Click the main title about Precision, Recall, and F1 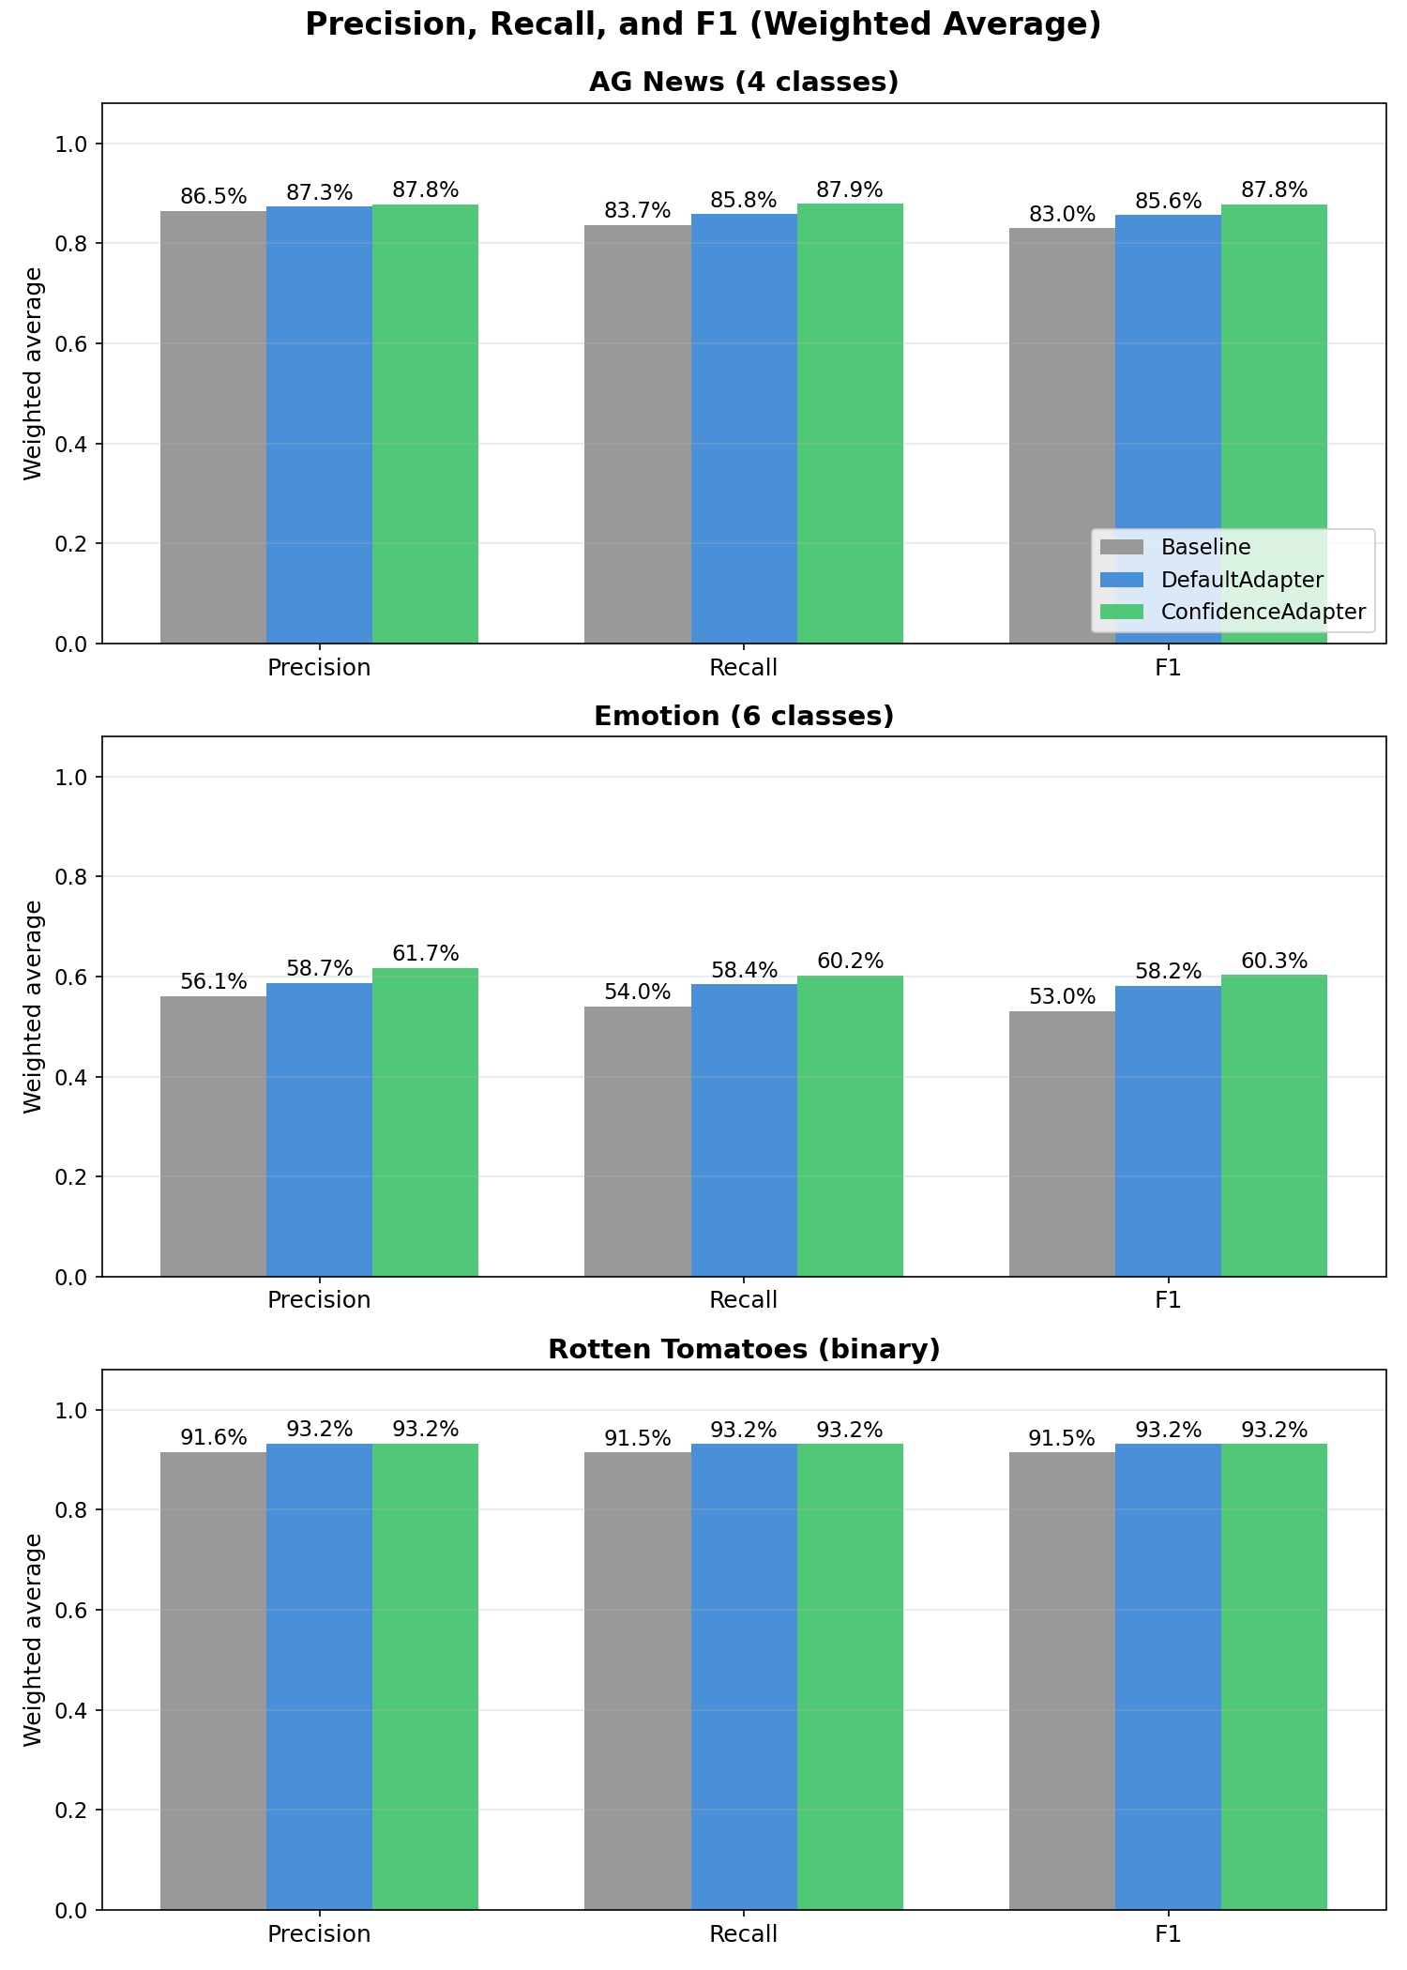703,24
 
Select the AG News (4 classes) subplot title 743,83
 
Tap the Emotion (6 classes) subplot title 743,716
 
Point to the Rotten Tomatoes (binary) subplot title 743,1349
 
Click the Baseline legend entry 1204,547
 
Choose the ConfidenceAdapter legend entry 1262,612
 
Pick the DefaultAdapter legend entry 1241,580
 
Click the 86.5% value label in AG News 213,197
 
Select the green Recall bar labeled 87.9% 850,422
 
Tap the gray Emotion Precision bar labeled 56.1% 213,1135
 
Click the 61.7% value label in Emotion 425,954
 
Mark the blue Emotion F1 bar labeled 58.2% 1168,1130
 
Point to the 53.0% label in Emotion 1062,997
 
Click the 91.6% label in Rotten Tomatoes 213,1438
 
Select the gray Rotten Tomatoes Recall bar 638,1679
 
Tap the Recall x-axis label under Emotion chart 743,1300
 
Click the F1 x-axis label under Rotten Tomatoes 1168,1933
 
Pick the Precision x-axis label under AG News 319,668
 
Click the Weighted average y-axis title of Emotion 34,1007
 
